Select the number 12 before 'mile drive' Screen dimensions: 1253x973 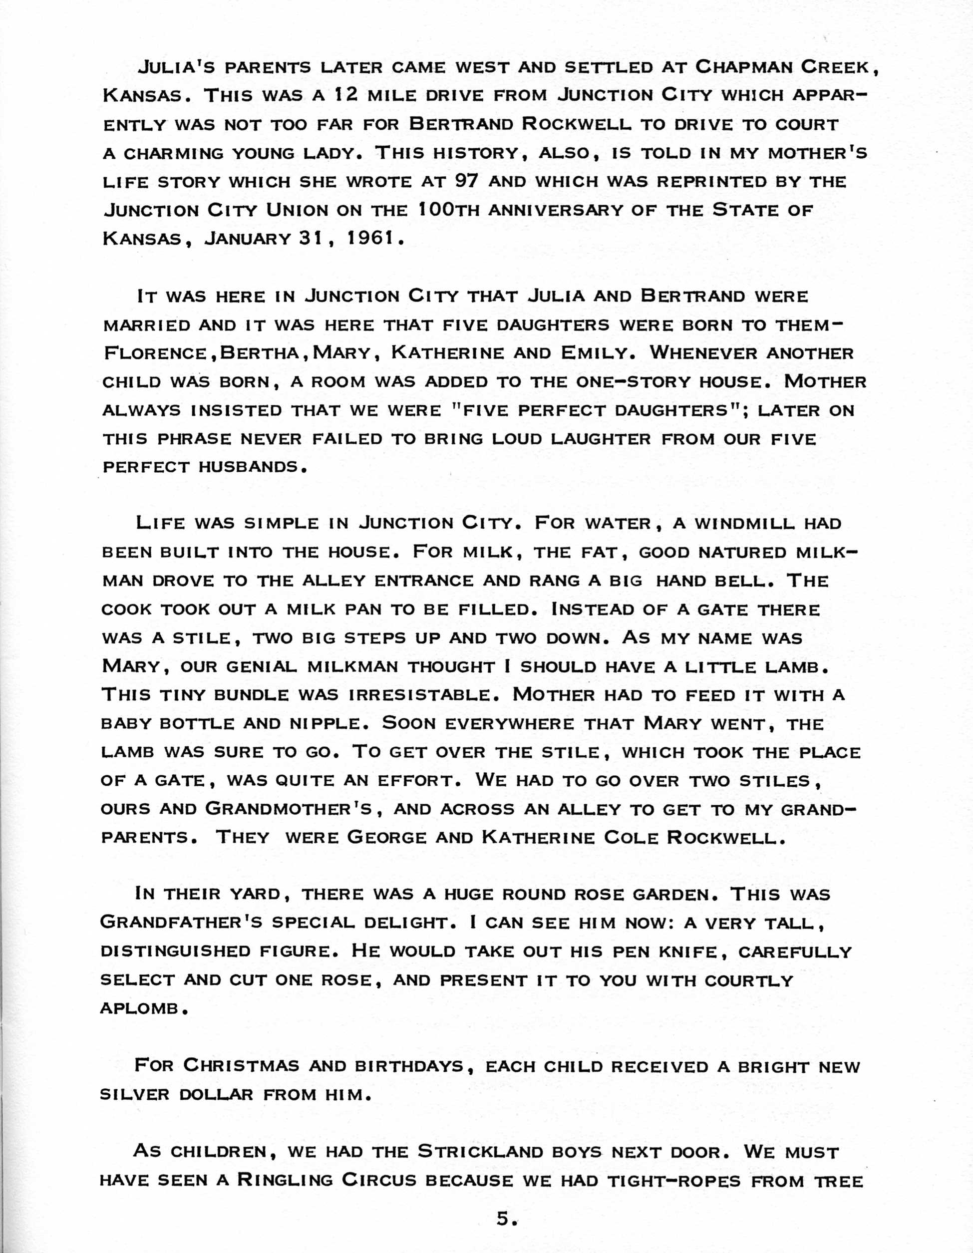point(347,95)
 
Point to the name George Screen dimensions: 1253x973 point(387,838)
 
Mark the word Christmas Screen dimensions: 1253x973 point(242,1065)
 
